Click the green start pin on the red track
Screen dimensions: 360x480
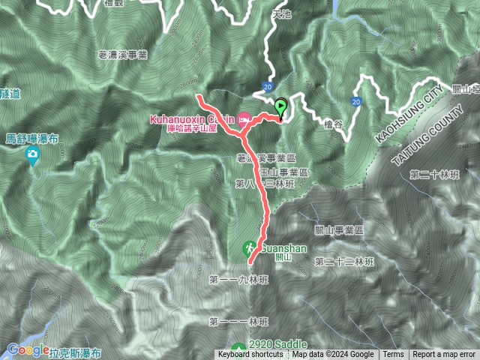[x=281, y=106]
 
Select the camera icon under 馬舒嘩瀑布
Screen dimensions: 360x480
[x=32, y=155]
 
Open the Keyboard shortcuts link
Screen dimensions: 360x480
[x=250, y=355]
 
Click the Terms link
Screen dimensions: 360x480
[x=393, y=355]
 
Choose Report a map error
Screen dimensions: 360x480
[x=445, y=355]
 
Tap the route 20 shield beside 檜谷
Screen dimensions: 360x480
[x=355, y=100]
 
